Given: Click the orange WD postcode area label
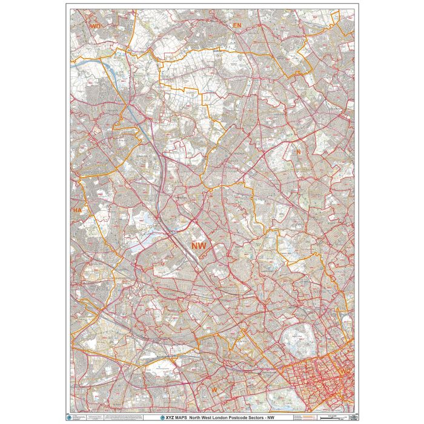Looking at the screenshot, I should point(95,27).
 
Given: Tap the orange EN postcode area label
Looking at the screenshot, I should point(237,25).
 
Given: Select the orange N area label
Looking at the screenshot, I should point(298,151).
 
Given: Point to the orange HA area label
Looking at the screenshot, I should point(77,210).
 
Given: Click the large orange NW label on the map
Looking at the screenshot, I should point(199,245).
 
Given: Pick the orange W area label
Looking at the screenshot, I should point(213,388).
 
